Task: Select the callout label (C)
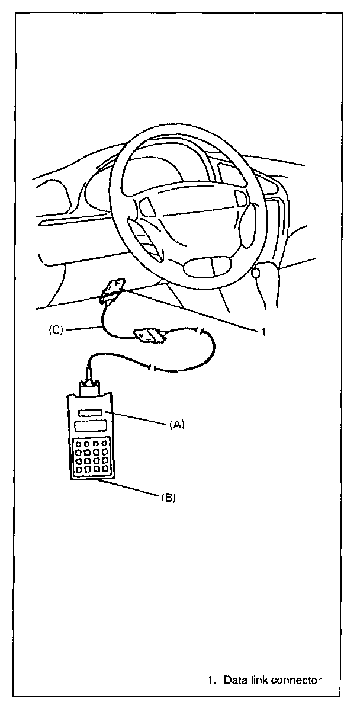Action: tap(56, 331)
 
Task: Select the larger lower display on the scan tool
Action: tap(89, 427)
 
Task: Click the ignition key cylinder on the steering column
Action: tap(256, 273)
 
